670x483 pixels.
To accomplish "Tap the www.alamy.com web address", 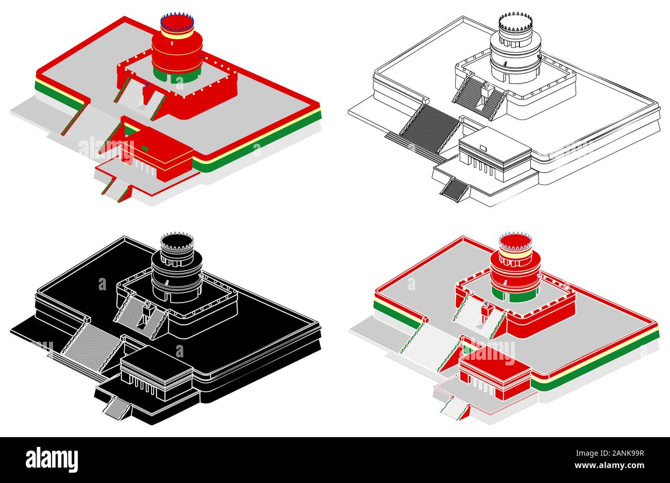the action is click(609, 465).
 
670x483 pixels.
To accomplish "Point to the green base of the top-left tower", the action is click(176, 75).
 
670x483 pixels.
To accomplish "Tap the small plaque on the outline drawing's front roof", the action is click(483, 148).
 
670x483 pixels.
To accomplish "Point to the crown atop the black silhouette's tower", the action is click(177, 241).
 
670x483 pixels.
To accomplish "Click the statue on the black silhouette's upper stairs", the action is click(147, 313).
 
